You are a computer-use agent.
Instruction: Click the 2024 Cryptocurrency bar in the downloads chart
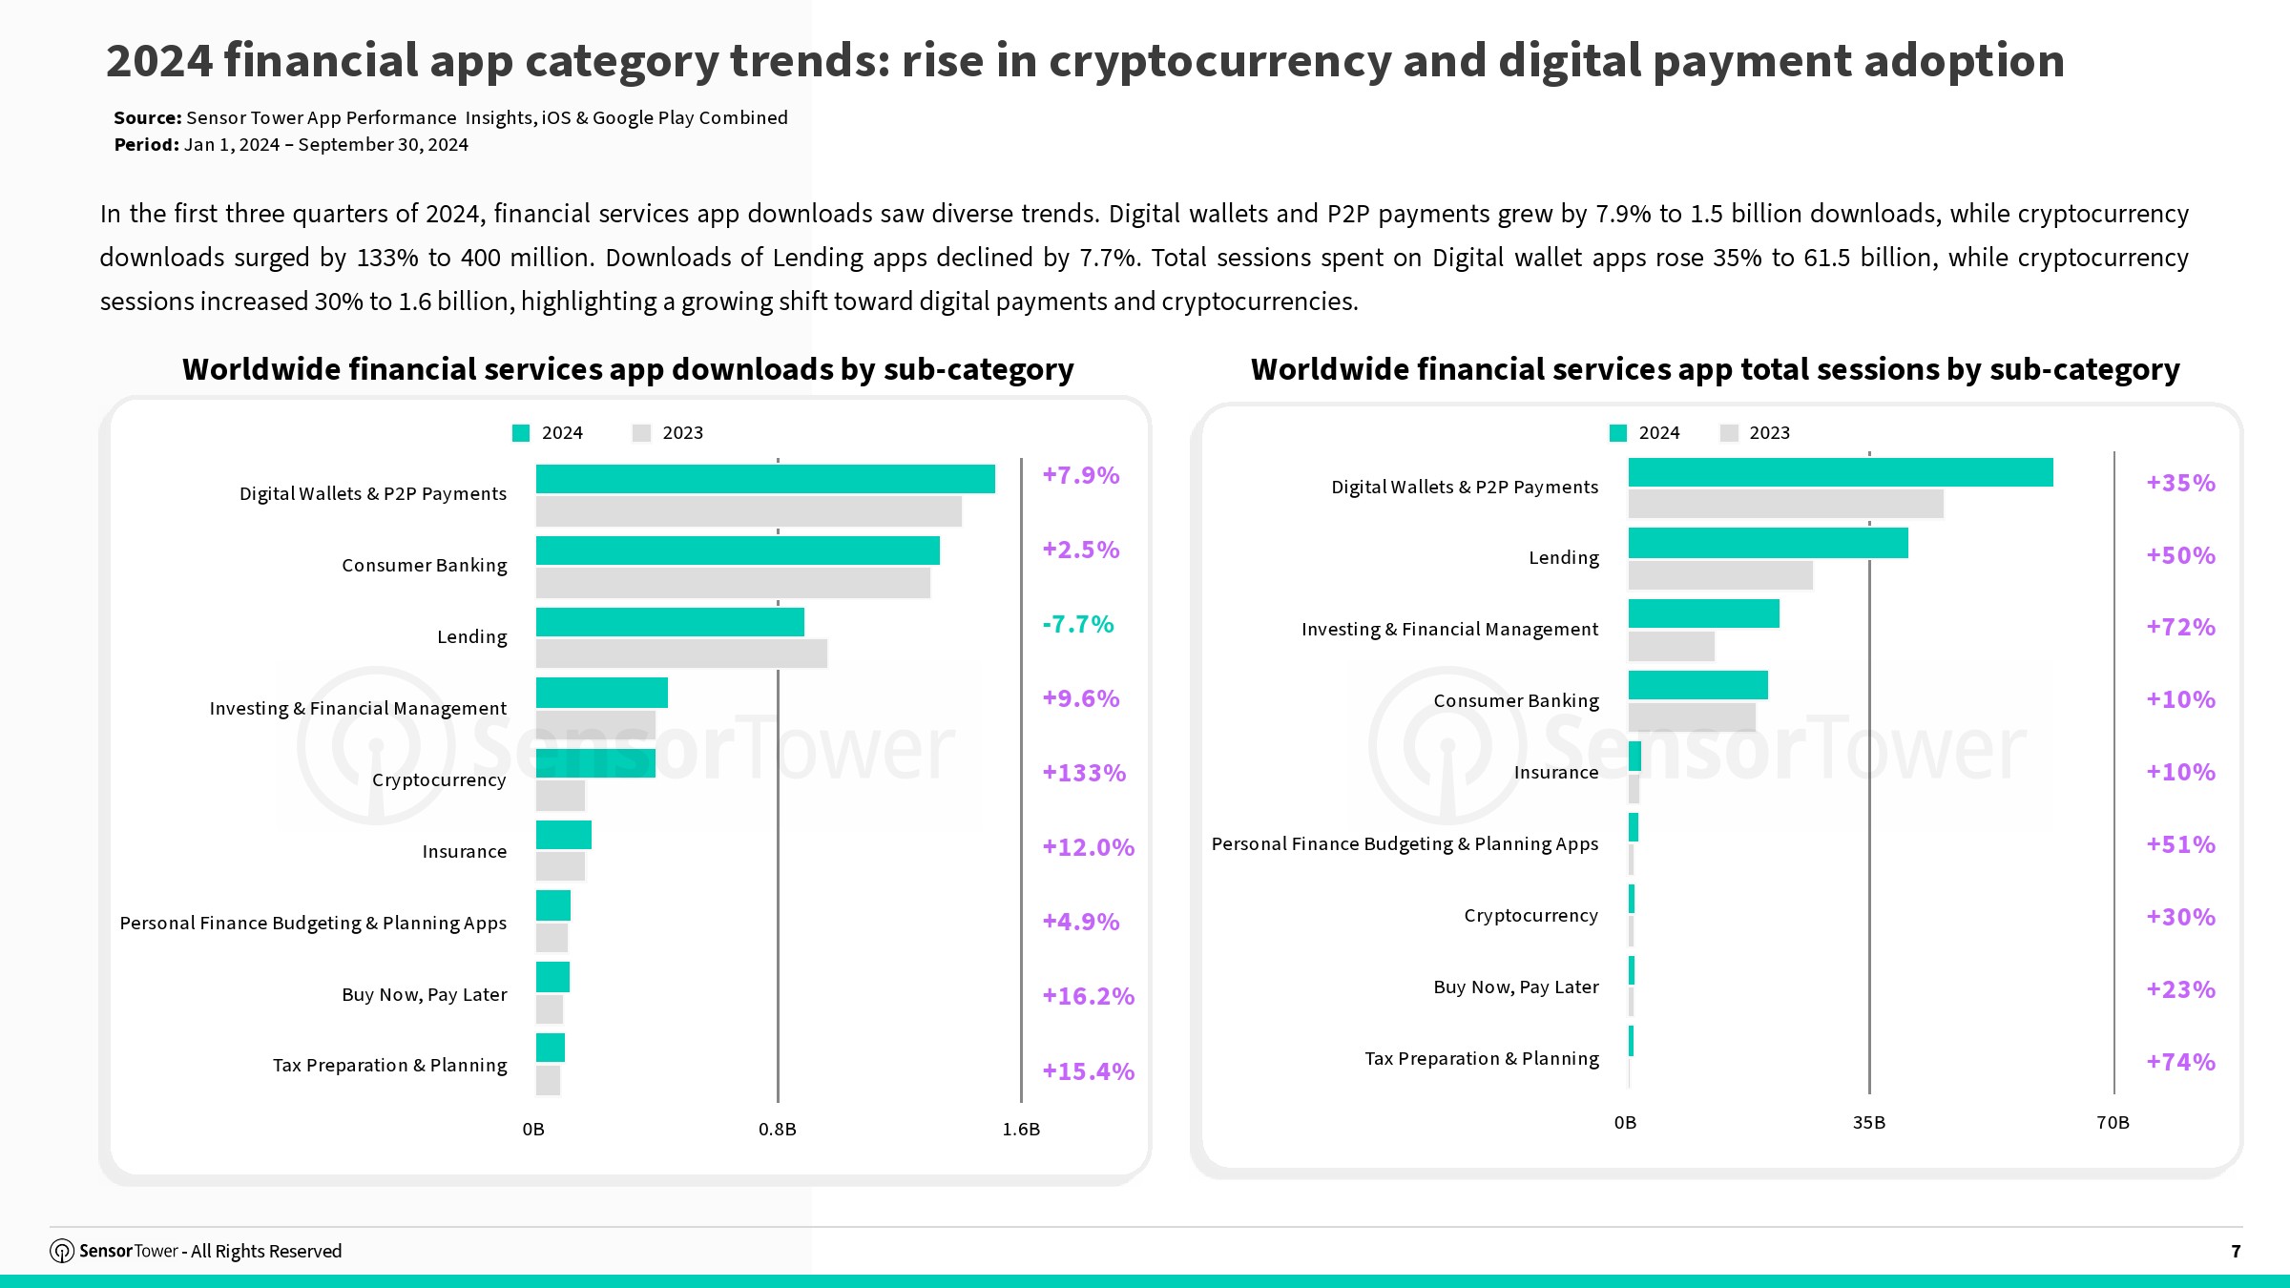pyautogui.click(x=595, y=763)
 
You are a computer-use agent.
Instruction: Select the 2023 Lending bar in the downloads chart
pyautogui.click(x=681, y=654)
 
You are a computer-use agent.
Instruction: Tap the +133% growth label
pyautogui.click(x=1084, y=773)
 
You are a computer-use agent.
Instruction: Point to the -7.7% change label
pyautogui.click(x=1078, y=624)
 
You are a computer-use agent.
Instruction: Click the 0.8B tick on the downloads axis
pyautogui.click(x=777, y=1130)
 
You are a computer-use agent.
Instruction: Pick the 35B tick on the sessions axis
pyautogui.click(x=1868, y=1123)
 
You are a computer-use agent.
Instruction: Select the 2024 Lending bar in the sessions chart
pyautogui.click(x=1768, y=543)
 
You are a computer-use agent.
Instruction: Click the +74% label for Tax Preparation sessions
pyautogui.click(x=2180, y=1062)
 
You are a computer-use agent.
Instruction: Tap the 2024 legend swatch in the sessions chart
pyautogui.click(x=1618, y=433)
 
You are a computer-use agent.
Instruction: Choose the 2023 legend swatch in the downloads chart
pyautogui.click(x=641, y=433)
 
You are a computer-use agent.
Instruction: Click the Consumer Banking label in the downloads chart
pyautogui.click(x=425, y=565)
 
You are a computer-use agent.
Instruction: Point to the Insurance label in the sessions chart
pyautogui.click(x=1555, y=772)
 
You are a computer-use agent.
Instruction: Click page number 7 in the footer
pyautogui.click(x=2236, y=1251)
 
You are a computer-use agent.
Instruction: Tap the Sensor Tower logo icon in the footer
pyautogui.click(x=62, y=1251)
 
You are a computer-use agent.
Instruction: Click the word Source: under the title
pyautogui.click(x=148, y=117)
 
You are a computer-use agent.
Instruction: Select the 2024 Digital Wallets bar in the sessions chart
pyautogui.click(x=1841, y=472)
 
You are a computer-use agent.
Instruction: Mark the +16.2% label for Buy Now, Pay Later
pyautogui.click(x=1088, y=996)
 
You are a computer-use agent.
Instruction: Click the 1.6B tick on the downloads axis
pyautogui.click(x=1021, y=1130)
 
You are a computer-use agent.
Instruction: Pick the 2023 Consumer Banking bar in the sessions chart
pyautogui.click(x=1692, y=717)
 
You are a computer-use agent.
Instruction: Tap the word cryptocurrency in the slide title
pyautogui.click(x=1220, y=61)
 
